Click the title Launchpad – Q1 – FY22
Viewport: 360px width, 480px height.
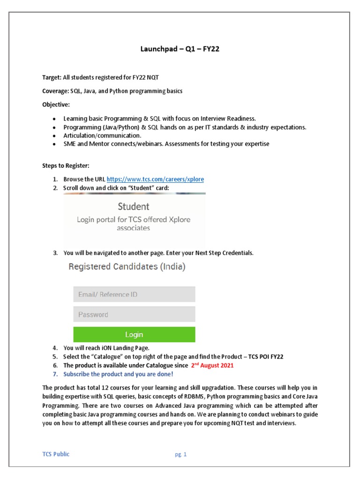tap(180, 49)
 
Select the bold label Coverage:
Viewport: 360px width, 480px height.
tap(55, 91)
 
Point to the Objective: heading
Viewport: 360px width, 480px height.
tap(56, 104)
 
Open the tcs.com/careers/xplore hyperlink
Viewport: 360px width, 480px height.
tap(155, 179)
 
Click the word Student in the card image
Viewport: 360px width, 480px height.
tap(134, 206)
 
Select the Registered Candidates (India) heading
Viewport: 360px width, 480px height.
tap(127, 267)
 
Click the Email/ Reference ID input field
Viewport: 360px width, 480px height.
tap(134, 294)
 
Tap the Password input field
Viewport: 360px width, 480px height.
tap(134, 315)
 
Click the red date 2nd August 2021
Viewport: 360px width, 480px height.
tap(212, 365)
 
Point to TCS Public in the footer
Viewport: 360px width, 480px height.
tap(56, 454)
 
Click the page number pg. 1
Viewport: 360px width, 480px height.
tap(180, 454)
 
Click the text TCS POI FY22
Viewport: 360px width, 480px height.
tap(266, 356)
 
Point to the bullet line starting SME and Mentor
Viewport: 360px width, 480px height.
tap(166, 144)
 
